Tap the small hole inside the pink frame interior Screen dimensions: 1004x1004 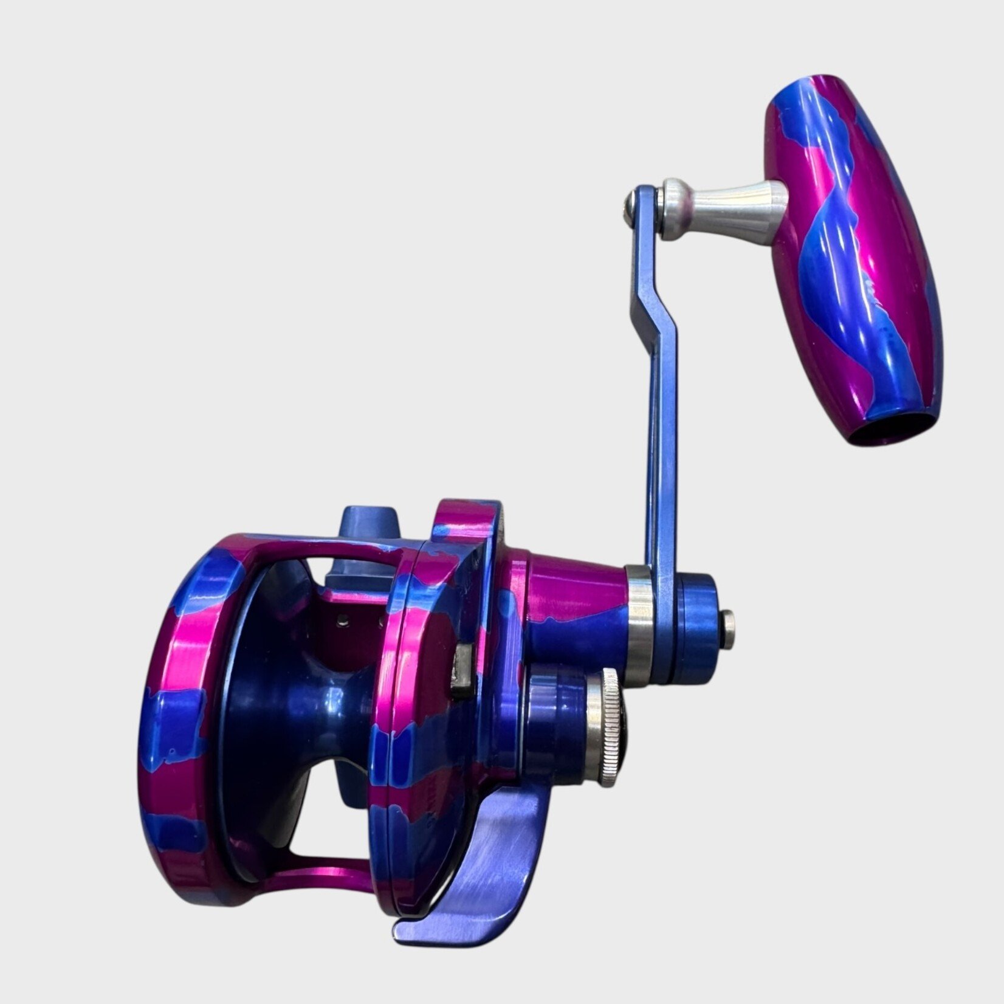[x=345, y=619]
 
